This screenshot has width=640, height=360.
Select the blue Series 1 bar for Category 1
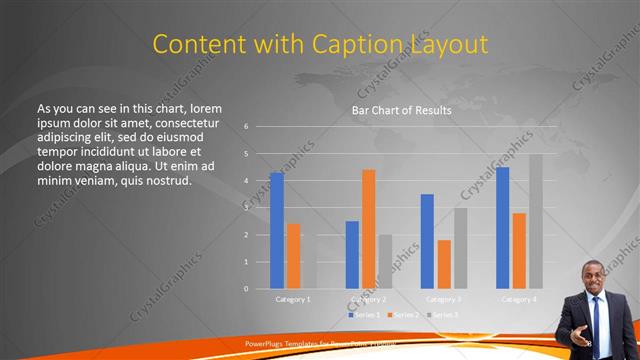(277, 231)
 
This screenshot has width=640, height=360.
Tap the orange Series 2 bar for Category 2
(369, 229)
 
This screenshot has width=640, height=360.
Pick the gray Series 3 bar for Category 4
(536, 221)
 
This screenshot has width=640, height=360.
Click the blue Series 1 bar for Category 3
(427, 241)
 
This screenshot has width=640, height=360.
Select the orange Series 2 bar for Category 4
(519, 251)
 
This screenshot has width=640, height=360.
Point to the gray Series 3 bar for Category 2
(385, 262)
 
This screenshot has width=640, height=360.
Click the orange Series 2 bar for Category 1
(293, 256)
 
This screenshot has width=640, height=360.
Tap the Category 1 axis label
(293, 299)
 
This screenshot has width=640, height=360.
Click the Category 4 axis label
(518, 299)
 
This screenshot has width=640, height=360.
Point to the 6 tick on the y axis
(246, 127)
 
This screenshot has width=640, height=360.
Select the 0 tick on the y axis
(246, 289)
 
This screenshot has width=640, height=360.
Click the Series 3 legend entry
(443, 314)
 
